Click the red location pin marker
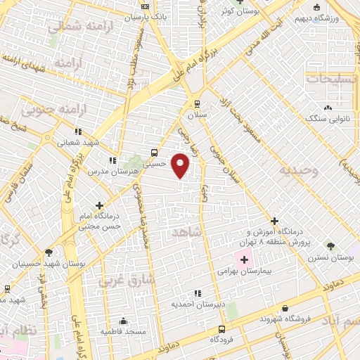click(181, 165)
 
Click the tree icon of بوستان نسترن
click(330, 245)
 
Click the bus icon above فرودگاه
click(222, 328)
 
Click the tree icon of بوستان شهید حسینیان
click(48, 252)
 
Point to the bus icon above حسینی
click(154, 152)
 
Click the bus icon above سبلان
click(197, 101)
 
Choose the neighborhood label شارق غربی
click(114, 282)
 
